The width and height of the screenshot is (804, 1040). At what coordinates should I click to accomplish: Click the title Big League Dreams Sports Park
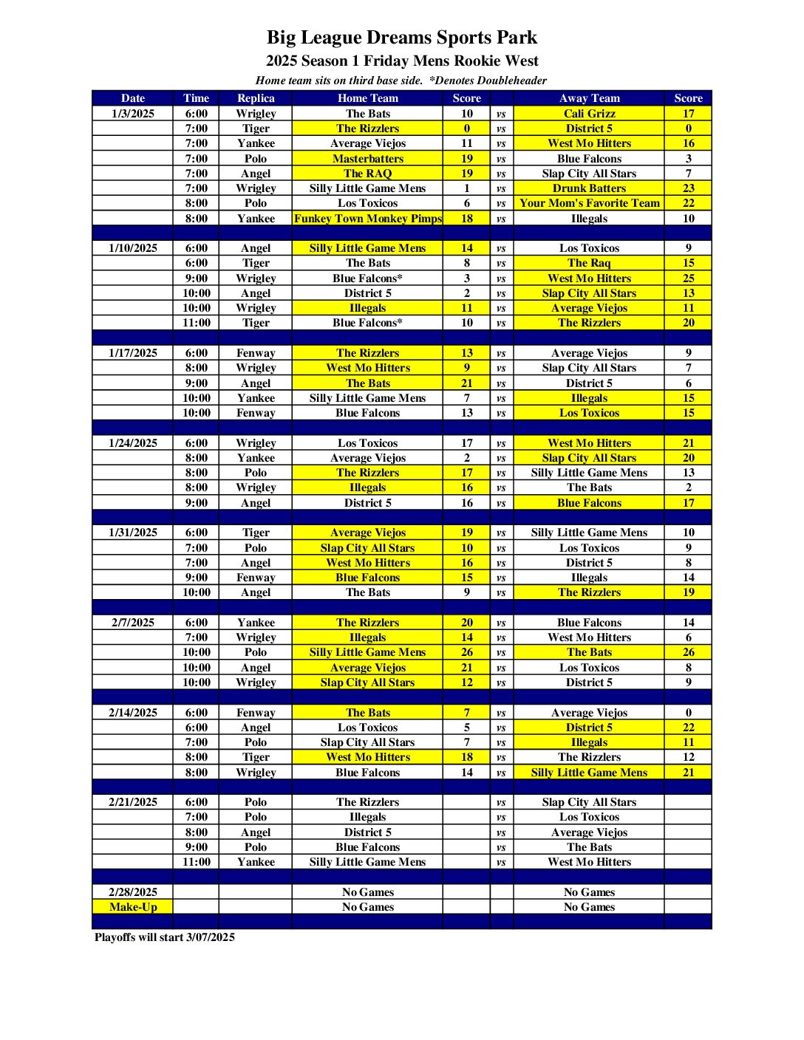[401, 38]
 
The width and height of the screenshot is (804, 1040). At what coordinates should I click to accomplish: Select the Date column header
[133, 98]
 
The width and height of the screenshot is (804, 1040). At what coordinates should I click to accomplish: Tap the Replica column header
[256, 98]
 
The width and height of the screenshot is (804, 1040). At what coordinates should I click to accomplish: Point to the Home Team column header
[367, 98]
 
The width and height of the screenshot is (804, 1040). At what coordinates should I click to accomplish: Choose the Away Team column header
[589, 98]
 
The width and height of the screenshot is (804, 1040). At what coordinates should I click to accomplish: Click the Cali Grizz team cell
[589, 114]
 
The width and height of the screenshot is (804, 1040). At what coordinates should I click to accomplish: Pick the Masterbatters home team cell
[367, 159]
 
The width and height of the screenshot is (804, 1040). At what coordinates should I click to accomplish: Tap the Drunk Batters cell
[589, 188]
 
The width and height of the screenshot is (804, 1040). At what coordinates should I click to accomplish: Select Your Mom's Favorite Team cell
[589, 203]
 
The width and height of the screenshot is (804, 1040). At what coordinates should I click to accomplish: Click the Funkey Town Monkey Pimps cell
[367, 219]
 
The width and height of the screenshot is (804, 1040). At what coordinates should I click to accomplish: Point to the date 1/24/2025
[133, 443]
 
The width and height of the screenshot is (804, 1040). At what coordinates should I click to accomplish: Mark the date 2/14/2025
[133, 713]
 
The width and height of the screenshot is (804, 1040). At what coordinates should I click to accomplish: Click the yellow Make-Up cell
[133, 907]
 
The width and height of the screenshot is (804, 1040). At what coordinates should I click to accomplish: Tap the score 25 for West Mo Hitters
[688, 278]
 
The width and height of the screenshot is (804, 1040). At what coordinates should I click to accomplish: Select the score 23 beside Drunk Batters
[688, 188]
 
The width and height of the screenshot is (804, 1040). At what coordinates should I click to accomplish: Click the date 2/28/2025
[133, 892]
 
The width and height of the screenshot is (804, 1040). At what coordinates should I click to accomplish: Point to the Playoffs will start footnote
[165, 937]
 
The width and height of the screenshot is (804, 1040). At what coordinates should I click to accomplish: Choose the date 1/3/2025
[133, 114]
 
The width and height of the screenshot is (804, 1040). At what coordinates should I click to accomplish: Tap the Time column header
[196, 98]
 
